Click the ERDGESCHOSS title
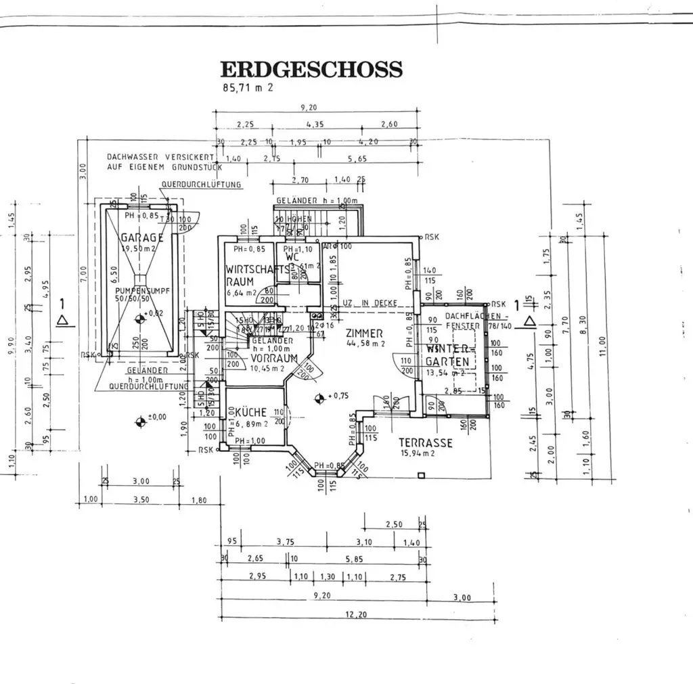pos(311,70)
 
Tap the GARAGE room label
pos(142,237)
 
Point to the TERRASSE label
pos(425,442)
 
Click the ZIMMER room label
pos(364,333)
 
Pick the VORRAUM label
pos(275,358)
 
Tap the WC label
pos(292,257)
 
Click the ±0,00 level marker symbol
pos(140,421)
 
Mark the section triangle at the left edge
pos(62,320)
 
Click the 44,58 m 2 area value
pos(365,344)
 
